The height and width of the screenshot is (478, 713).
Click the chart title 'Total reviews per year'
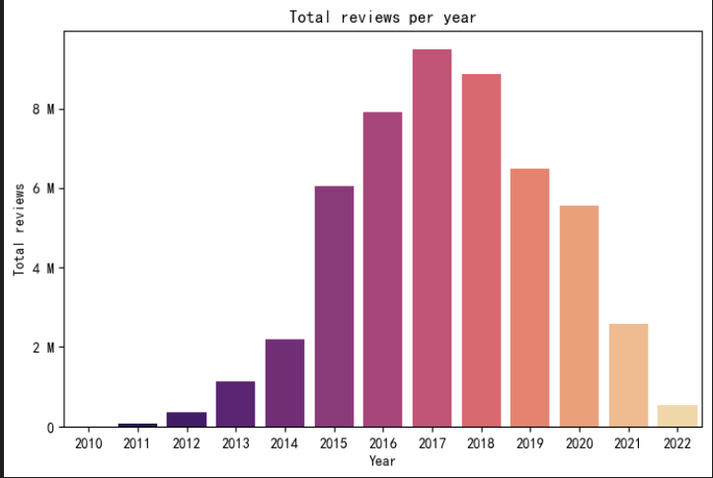point(382,17)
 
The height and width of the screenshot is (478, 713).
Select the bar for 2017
point(432,238)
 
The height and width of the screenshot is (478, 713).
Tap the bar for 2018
point(481,251)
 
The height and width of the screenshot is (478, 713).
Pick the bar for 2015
point(334,306)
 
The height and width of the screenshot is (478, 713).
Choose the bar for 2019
point(529,297)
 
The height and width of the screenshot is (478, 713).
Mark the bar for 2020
point(579,316)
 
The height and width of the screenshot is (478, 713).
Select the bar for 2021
point(628,375)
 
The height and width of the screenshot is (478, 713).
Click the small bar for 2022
point(677,416)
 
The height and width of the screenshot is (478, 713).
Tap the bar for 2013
point(235,404)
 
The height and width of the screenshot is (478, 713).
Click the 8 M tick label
point(42,109)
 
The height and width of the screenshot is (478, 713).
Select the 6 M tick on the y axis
point(42,189)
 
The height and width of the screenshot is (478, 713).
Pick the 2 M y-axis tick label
point(42,348)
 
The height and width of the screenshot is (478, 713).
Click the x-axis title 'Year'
point(382,460)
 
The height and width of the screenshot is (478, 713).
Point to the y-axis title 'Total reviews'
point(19,229)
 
